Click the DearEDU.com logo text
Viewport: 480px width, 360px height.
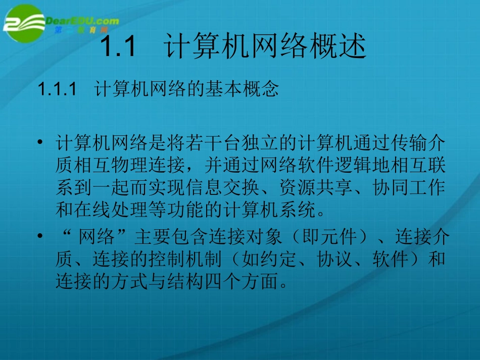(x=82, y=21)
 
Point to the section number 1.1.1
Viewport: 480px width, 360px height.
(x=57, y=89)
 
